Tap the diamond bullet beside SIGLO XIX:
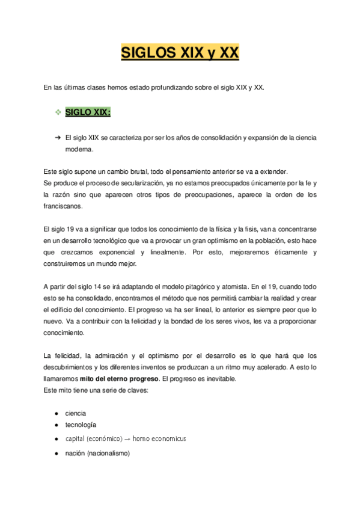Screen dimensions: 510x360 tap(58, 112)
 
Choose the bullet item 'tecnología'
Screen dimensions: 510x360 tap(81, 425)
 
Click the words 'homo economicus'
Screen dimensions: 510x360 tap(159, 438)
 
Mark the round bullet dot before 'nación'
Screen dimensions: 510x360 tap(56, 453)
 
